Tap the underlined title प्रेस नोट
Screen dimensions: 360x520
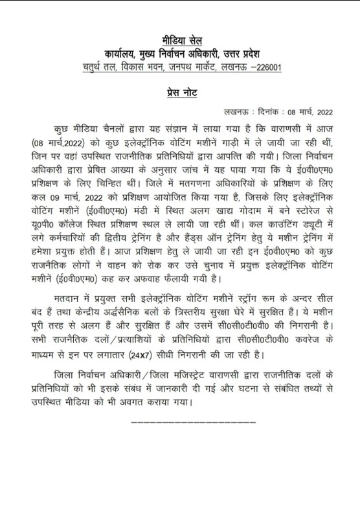click(180, 94)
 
